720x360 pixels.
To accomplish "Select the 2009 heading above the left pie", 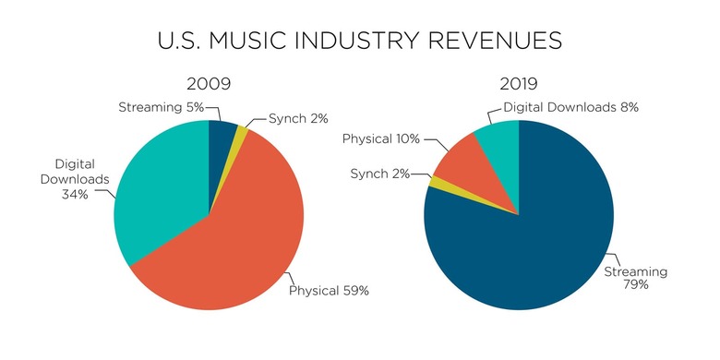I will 208,84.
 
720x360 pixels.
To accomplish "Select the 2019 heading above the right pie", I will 519,84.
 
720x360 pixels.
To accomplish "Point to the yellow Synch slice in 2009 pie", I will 242,135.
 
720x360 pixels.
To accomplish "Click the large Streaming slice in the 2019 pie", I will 535,240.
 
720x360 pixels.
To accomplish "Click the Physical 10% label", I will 381,138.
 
